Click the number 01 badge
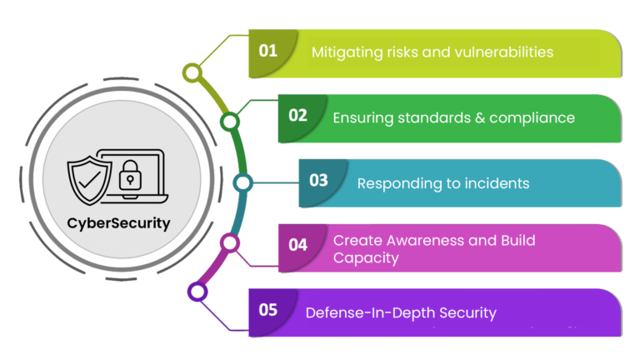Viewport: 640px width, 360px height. coord(267,50)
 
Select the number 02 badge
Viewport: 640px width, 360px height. coord(297,115)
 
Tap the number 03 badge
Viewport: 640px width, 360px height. coord(318,180)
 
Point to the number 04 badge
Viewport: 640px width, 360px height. coord(297,245)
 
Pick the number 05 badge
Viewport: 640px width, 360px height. coord(267,310)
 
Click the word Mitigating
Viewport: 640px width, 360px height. coord(346,52)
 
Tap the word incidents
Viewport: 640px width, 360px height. coord(491,182)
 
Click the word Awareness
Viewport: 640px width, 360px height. coord(409,240)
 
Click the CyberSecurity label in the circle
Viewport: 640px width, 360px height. coord(119,223)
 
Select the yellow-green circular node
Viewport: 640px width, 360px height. coord(192,73)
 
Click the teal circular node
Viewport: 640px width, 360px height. coord(242,182)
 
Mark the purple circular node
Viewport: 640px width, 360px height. coord(197,292)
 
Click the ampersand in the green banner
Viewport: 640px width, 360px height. coord(480,117)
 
